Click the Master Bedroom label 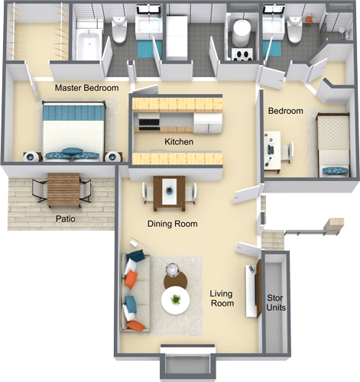tap(86, 89)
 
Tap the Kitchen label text tap(178, 142)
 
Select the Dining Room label tap(172, 225)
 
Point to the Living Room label tap(222, 299)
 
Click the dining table tap(169, 192)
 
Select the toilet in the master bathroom tap(120, 31)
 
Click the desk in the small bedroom tap(271, 151)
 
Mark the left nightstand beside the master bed tap(31, 157)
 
